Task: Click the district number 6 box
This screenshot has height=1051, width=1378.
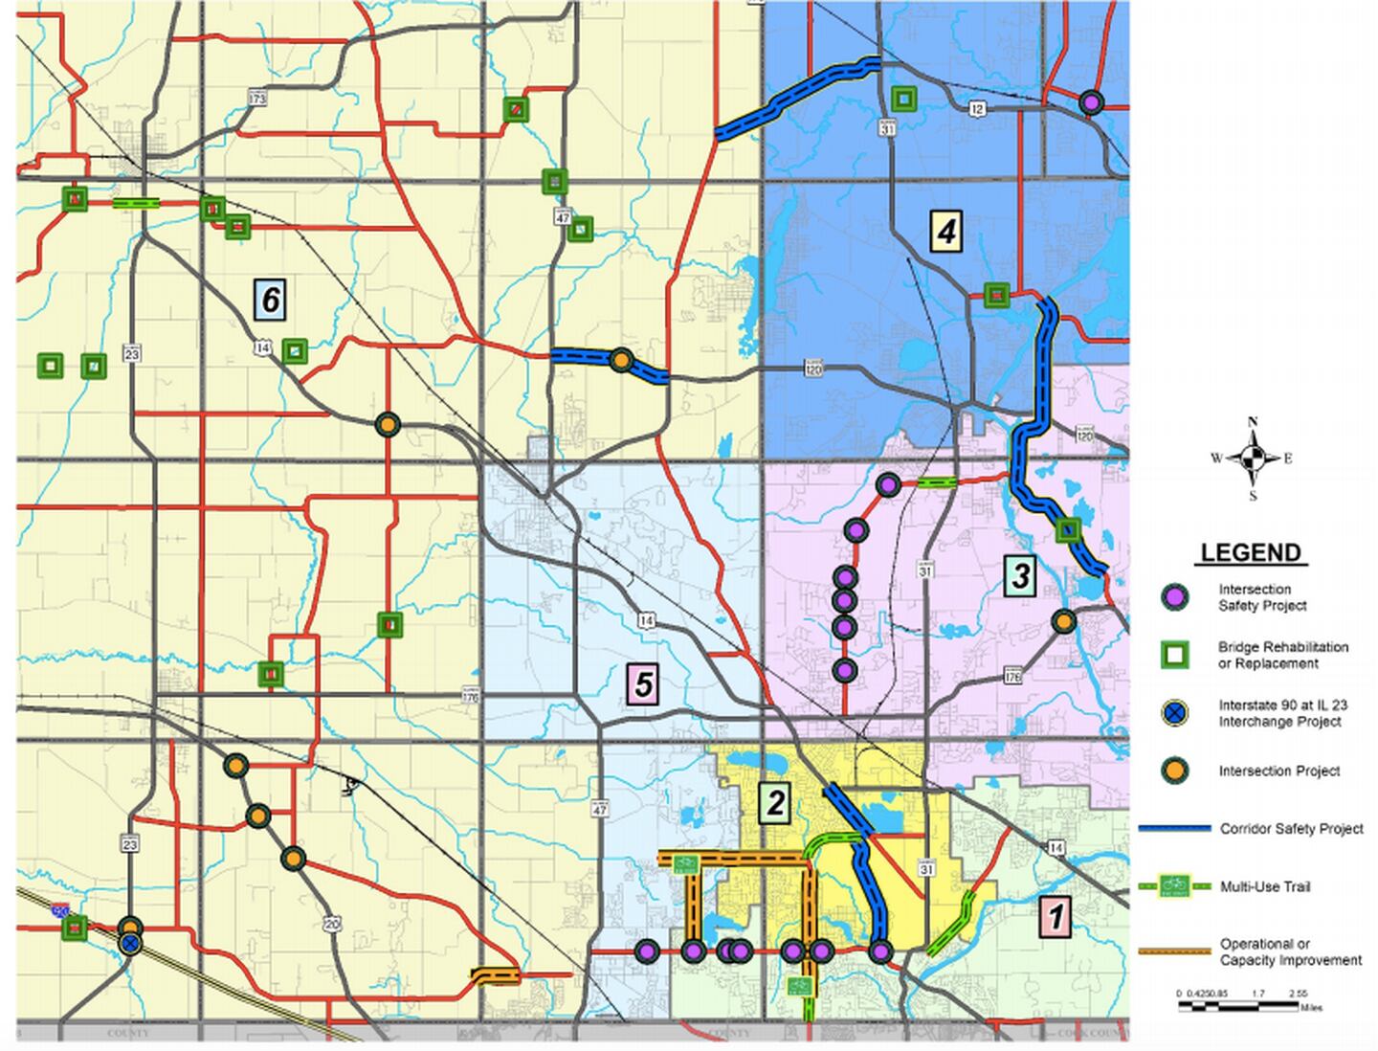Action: click(x=271, y=300)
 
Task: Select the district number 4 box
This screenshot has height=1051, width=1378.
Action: click(x=945, y=231)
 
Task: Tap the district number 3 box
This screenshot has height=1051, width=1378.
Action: click(x=1021, y=575)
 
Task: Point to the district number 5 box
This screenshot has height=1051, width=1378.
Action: click(x=643, y=684)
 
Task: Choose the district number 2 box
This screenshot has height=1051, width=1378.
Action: click(x=774, y=803)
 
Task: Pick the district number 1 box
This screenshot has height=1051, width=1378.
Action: click(x=1056, y=916)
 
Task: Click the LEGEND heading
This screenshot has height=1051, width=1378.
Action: click(x=1250, y=552)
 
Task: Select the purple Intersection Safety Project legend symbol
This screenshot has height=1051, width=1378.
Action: click(x=1174, y=597)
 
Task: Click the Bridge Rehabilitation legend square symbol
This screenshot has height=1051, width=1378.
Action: click(x=1174, y=655)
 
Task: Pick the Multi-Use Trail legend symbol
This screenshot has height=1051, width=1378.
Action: click(x=1173, y=886)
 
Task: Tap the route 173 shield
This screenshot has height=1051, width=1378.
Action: click(x=256, y=98)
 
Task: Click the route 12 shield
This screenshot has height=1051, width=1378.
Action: click(x=977, y=109)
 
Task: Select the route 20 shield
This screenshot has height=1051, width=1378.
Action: click(x=331, y=924)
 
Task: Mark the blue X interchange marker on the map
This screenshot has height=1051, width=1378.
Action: click(x=130, y=945)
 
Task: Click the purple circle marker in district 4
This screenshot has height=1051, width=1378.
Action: click(x=1090, y=102)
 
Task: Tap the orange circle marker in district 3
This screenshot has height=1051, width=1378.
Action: click(x=1063, y=621)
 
